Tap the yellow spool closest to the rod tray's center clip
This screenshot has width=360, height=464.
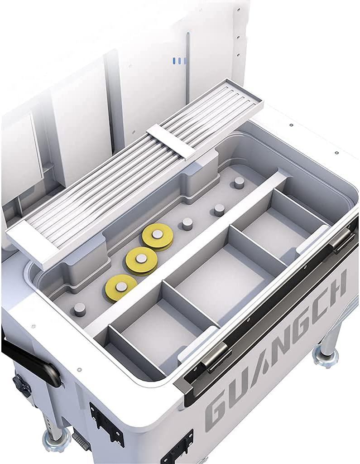(x=157, y=236)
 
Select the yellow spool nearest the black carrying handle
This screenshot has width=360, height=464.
(x=121, y=287)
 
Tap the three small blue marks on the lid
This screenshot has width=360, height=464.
(x=179, y=60)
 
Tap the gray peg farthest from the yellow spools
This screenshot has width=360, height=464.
(x=239, y=182)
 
